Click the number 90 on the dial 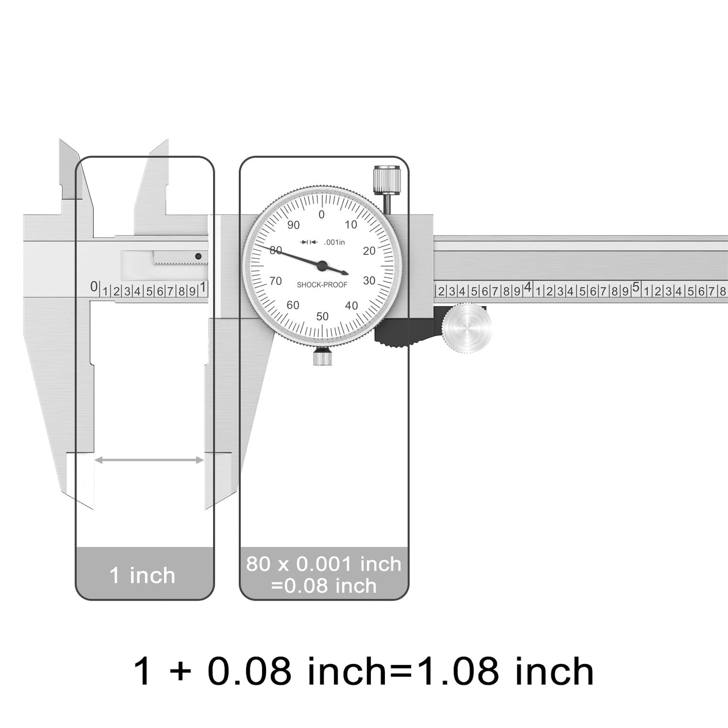pos(293,225)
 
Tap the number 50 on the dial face pos(322,316)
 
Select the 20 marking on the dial pos(369,251)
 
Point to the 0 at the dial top pos(322,215)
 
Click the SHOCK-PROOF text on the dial pos(322,285)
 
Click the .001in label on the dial pos(335,242)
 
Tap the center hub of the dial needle pos(322,265)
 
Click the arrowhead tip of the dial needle pos(347,274)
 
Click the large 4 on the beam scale pos(527,288)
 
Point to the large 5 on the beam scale pos(635,288)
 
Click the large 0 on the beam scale pos(94,287)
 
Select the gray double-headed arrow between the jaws pos(149,460)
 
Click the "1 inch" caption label pos(143,575)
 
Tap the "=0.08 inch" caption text pos(323,586)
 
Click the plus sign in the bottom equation pos(180,672)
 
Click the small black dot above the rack pos(198,256)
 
